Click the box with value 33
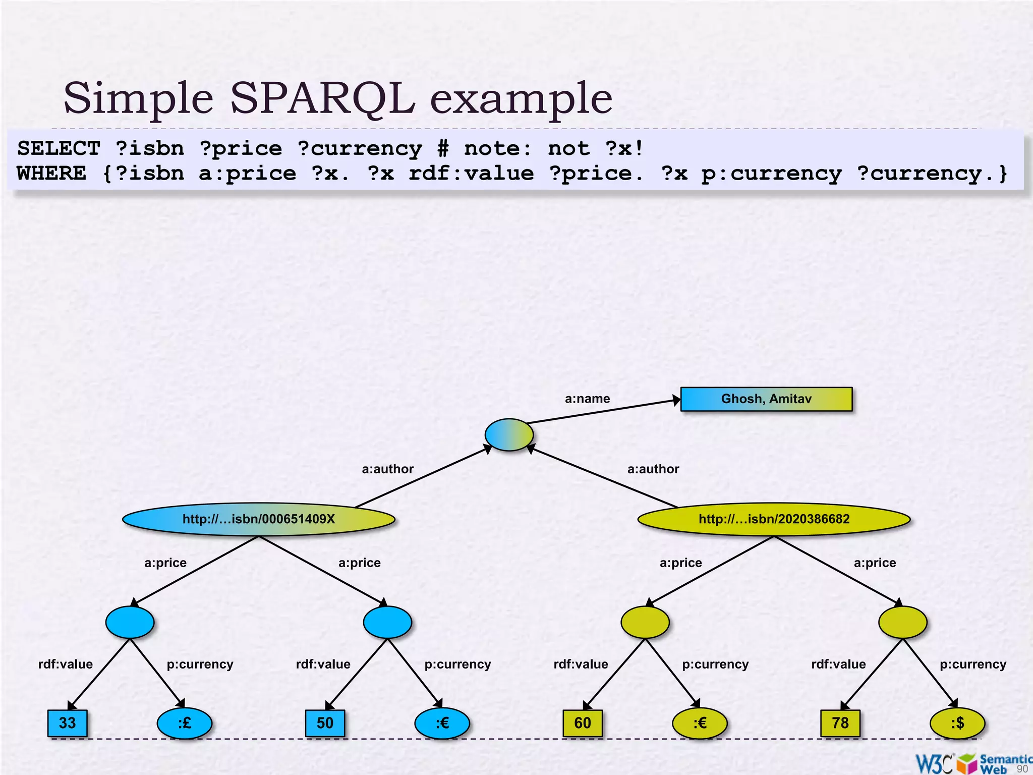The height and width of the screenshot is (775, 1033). click(68, 723)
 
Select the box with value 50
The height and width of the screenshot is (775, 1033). click(325, 723)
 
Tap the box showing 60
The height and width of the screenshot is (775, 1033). click(583, 723)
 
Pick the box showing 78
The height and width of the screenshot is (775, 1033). click(840, 723)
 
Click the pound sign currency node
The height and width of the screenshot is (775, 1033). click(185, 724)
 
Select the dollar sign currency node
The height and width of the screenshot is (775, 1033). click(957, 724)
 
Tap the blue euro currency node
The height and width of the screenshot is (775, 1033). click(442, 724)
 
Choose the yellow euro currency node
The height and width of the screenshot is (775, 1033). click(700, 724)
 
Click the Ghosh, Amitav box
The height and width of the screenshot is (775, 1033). click(766, 399)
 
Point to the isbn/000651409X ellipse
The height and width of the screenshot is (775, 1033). click(259, 519)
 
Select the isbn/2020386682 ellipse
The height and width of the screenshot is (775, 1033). click(774, 519)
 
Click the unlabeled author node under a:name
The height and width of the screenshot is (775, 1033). click(509, 434)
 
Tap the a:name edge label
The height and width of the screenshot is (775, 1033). click(587, 399)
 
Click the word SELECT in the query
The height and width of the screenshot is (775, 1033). click(59, 148)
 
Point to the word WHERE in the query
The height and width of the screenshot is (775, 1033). click(51, 174)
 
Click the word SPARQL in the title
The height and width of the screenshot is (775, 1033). click(323, 98)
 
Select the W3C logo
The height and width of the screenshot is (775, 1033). click(934, 763)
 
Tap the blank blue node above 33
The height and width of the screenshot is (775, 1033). click(130, 622)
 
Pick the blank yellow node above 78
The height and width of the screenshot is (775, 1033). click(902, 622)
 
